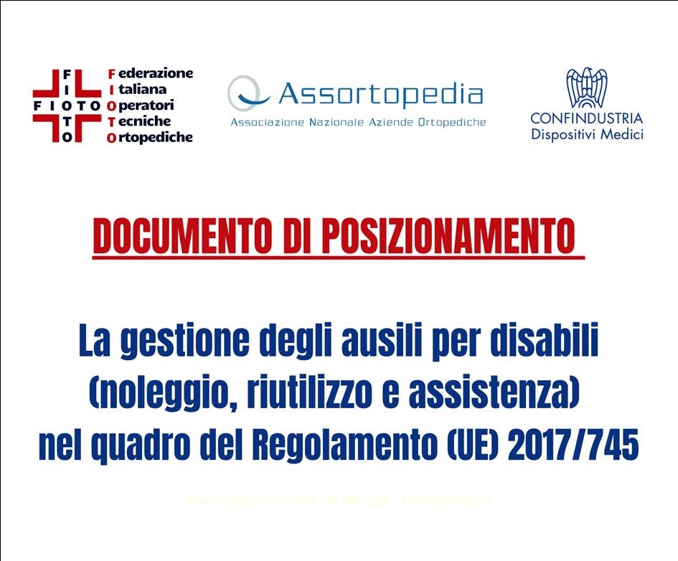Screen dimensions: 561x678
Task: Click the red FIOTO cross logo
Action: [67, 105]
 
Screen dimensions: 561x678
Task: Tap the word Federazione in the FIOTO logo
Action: [149, 74]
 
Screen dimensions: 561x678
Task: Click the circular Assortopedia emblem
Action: [248, 95]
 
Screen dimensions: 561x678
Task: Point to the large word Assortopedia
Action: [380, 94]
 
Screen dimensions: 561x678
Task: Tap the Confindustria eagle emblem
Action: [586, 88]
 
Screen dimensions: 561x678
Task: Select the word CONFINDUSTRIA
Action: [586, 118]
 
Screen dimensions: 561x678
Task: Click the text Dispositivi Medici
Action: [586, 134]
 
